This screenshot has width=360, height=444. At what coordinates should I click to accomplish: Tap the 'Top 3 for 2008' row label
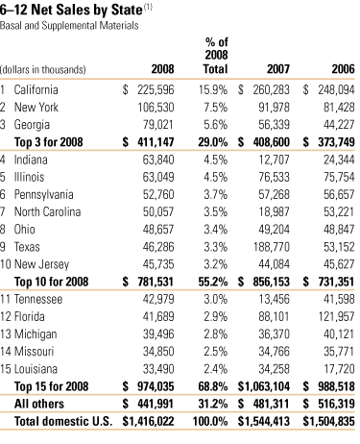point(54,141)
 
